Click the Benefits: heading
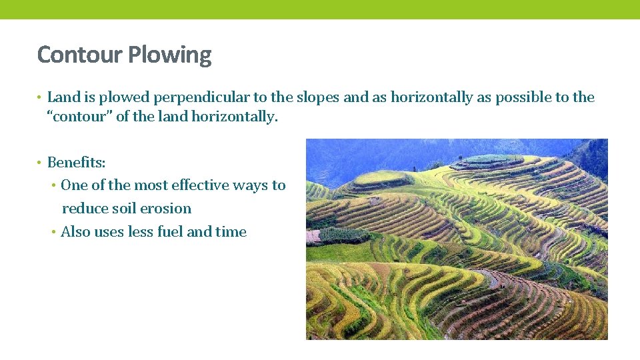77,162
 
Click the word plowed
125,97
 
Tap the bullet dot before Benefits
40,163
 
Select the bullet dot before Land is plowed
40,98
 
